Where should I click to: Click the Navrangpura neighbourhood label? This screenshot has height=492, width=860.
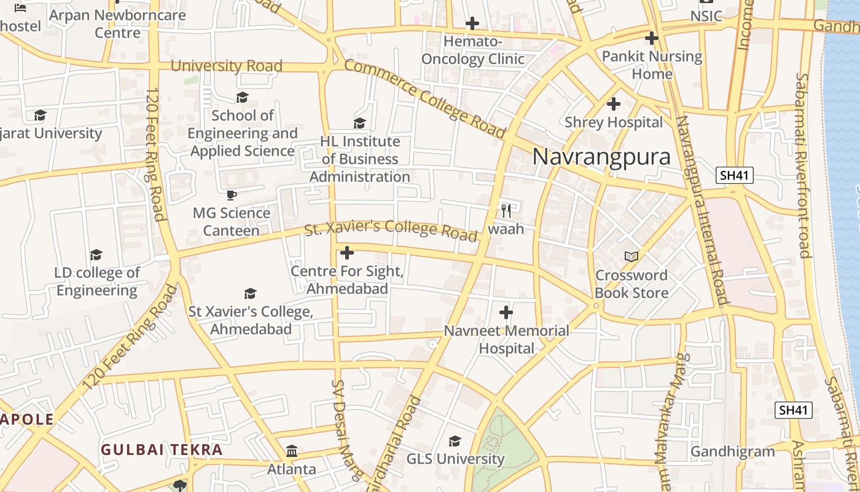(601, 156)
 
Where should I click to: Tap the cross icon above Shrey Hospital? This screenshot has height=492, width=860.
(613, 103)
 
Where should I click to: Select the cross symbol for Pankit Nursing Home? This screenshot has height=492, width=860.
(652, 38)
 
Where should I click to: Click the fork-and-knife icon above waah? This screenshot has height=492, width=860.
(506, 211)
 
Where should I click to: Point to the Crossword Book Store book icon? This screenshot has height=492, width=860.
(631, 256)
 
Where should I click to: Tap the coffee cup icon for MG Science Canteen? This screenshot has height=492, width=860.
(232, 195)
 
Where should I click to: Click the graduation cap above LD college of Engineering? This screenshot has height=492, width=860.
(96, 255)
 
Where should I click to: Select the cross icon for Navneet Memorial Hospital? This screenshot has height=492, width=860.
(506, 312)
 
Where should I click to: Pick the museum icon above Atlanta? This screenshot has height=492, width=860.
(292, 451)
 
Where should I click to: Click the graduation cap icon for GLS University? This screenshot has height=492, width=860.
(455, 441)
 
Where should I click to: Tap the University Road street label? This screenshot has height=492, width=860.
(226, 66)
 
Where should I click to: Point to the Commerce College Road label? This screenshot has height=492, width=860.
(424, 98)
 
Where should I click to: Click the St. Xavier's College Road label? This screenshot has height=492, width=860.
(391, 229)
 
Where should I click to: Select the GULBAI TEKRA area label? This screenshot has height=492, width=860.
(162, 450)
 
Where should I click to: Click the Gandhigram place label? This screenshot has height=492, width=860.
(733, 451)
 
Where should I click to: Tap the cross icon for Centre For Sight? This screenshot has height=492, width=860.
(347, 253)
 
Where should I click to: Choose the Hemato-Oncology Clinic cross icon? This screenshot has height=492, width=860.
(472, 23)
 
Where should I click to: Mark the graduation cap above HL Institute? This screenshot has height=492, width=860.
(360, 123)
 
